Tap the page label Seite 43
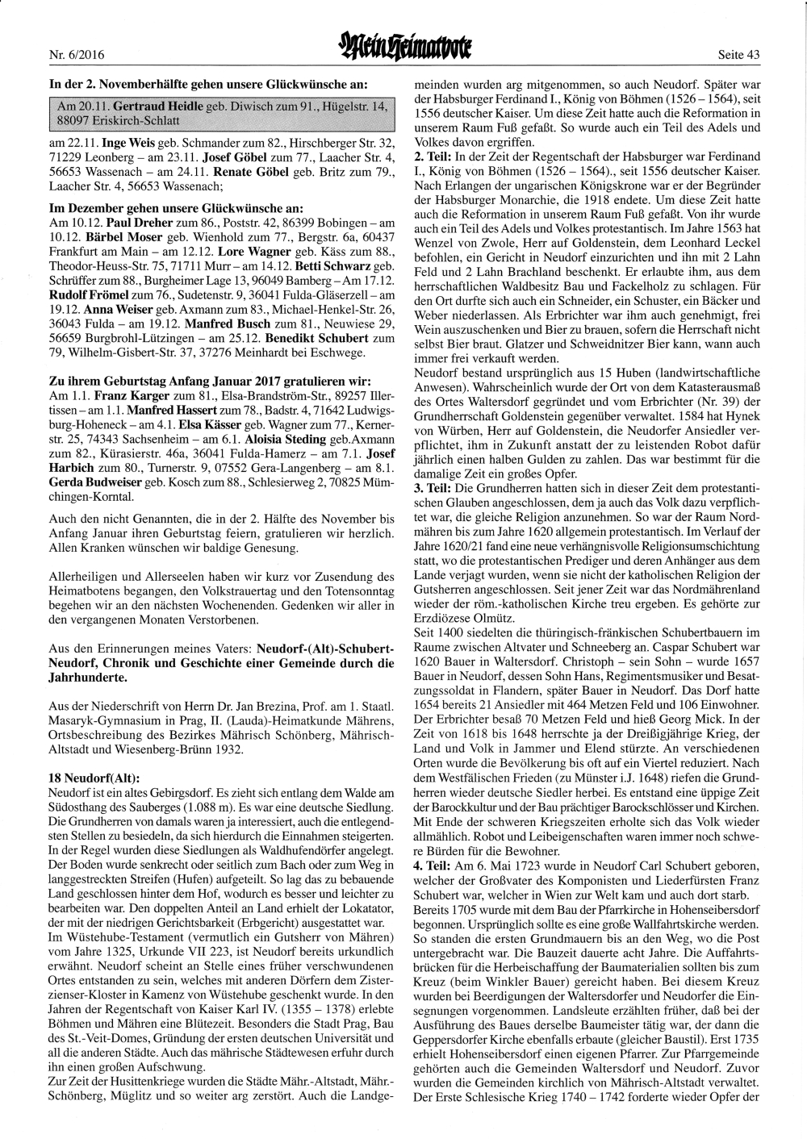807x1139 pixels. (738, 56)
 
